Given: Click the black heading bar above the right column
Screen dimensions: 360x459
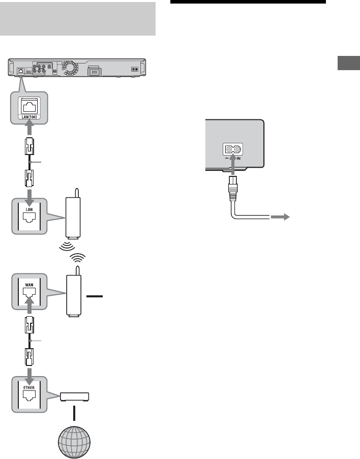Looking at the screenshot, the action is point(248,2).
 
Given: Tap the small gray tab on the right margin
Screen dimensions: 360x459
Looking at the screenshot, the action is point(348,65).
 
